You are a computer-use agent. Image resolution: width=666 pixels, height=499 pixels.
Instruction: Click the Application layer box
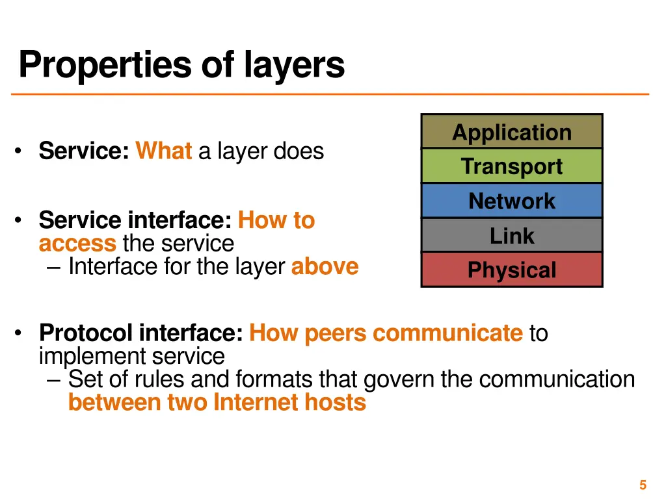pyautogui.click(x=512, y=132)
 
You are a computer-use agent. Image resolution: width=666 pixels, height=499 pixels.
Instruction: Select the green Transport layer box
pyautogui.click(x=512, y=166)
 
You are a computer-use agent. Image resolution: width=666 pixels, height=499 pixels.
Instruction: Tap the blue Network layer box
pyautogui.click(x=512, y=201)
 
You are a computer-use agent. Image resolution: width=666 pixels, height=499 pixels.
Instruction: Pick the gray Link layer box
pyautogui.click(x=512, y=235)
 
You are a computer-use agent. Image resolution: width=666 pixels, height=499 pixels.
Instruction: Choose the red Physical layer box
pyautogui.click(x=512, y=270)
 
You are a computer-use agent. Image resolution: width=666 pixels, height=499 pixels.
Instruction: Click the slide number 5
pyautogui.click(x=643, y=485)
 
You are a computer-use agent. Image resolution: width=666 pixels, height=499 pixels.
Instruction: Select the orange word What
pyautogui.click(x=163, y=151)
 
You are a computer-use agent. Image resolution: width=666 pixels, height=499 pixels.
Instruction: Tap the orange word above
pyautogui.click(x=325, y=266)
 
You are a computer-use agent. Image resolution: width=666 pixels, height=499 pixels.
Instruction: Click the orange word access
pyautogui.click(x=77, y=244)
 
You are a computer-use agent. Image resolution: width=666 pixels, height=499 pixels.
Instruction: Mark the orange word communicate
pyautogui.click(x=447, y=333)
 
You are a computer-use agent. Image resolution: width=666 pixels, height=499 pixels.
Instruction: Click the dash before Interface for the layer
pyautogui.click(x=55, y=267)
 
